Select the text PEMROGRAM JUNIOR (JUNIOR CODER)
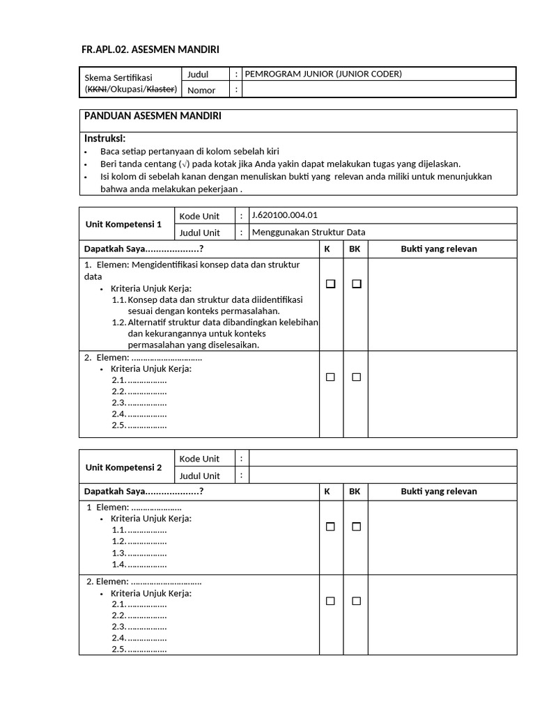click(323, 74)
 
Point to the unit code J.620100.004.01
click(284, 215)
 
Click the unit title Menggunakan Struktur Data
click(308, 233)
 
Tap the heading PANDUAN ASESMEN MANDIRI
click(153, 116)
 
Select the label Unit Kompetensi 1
click(123, 224)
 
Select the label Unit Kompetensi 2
click(123, 467)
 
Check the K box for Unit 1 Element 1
click(330, 284)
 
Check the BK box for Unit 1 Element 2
click(356, 377)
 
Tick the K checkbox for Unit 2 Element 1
click(330, 527)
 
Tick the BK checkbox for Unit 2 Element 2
click(356, 601)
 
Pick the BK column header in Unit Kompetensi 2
click(355, 492)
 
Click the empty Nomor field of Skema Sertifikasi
click(379, 90)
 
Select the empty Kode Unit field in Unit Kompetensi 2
click(382, 458)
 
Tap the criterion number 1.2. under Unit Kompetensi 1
click(118, 322)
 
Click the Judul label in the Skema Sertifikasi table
click(198, 74)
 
